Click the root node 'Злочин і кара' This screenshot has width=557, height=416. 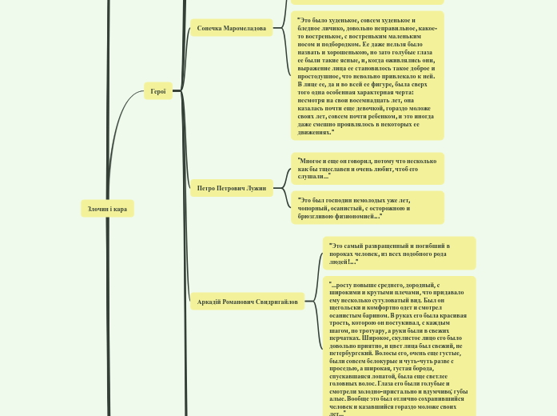[x=107, y=209]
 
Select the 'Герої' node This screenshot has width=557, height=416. [x=158, y=91]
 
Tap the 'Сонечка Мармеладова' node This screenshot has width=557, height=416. [x=232, y=28]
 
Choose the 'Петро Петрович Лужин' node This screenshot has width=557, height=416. [x=232, y=189]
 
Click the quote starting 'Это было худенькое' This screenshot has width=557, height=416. [x=366, y=76]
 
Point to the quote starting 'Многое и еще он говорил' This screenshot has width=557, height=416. [x=367, y=169]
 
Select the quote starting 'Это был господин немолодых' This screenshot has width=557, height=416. [x=367, y=208]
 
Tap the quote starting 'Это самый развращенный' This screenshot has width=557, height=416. [x=399, y=253]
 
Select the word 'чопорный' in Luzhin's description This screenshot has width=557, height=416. [x=315, y=208]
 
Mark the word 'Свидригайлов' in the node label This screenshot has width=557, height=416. [x=276, y=302]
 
